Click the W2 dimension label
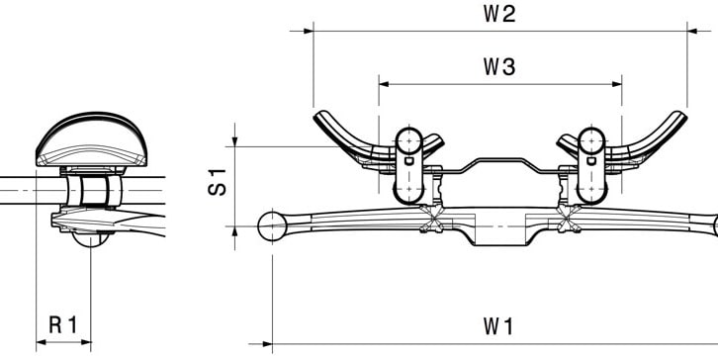(x=499, y=14)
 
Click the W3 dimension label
(x=499, y=67)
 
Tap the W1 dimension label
(x=498, y=326)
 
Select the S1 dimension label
(x=217, y=182)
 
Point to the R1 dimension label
(x=63, y=324)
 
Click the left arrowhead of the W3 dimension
(x=384, y=84)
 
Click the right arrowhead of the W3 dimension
(x=617, y=84)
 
